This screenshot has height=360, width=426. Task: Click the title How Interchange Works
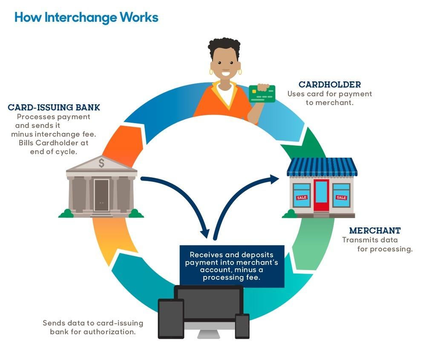pyautogui.click(x=86, y=17)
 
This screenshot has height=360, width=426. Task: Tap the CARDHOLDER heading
pyautogui.click(x=329, y=84)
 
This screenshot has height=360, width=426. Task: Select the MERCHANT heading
pyautogui.click(x=374, y=230)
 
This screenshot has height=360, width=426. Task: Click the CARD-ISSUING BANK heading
pyautogui.click(x=54, y=107)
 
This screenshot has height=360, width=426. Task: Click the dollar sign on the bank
pyautogui.click(x=101, y=162)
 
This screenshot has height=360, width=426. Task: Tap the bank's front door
pyautogui.click(x=101, y=195)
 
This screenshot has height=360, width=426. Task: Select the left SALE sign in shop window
pyautogui.click(x=302, y=197)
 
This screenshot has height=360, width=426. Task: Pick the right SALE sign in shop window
pyautogui.click(x=341, y=197)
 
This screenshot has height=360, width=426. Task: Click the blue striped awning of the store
pyautogui.click(x=322, y=167)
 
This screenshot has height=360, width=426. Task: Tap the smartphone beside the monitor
pyautogui.click(x=242, y=325)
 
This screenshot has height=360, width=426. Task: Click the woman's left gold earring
pyautogui.click(x=211, y=72)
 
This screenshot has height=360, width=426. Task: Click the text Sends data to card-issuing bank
pyautogui.click(x=93, y=327)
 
